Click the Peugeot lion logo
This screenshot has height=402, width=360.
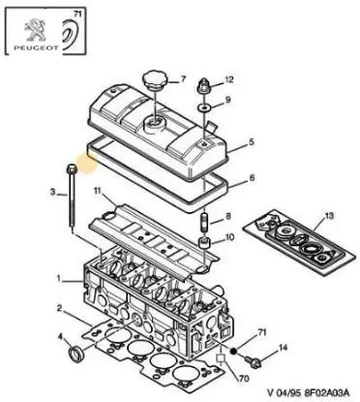(21, 26)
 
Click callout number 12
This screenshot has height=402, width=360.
(228, 80)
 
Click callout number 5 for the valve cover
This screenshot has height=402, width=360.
(251, 141)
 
